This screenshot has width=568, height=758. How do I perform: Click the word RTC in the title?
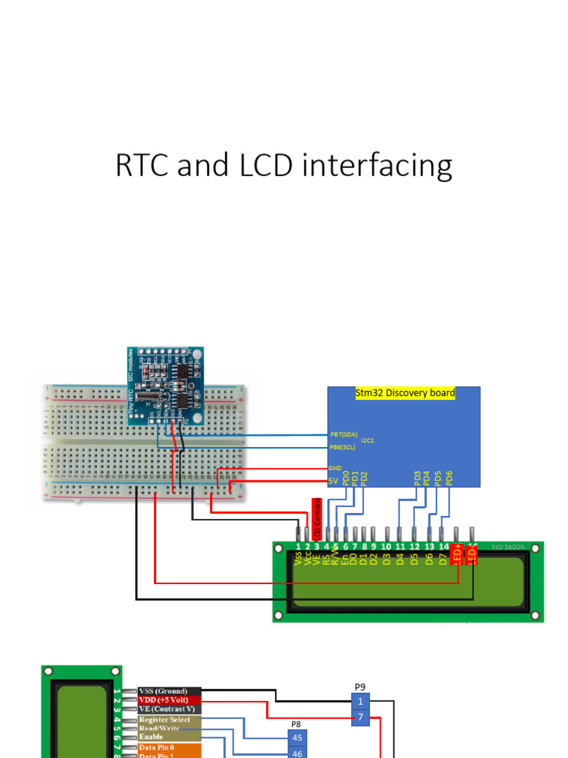coord(141,166)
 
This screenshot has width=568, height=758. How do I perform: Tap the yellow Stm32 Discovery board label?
coord(405,393)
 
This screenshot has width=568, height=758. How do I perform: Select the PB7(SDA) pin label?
coord(343,435)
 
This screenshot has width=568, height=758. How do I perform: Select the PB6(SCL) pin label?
coord(342,447)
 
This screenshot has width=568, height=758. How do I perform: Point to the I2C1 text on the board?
coord(368,440)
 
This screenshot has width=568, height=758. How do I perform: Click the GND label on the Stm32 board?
coord(335,469)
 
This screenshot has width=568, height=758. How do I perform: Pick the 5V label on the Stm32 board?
coord(334,480)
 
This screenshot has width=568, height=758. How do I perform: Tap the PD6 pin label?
coord(448,477)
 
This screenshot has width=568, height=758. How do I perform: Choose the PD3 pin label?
coord(417,477)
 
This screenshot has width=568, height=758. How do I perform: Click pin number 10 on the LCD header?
coord(386,547)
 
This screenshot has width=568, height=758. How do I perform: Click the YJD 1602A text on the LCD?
coord(510,548)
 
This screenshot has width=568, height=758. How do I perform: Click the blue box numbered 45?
coord(297,737)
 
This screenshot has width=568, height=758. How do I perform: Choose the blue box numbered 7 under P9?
coord(360,717)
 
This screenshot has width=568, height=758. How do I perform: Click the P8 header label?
coord(296,724)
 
